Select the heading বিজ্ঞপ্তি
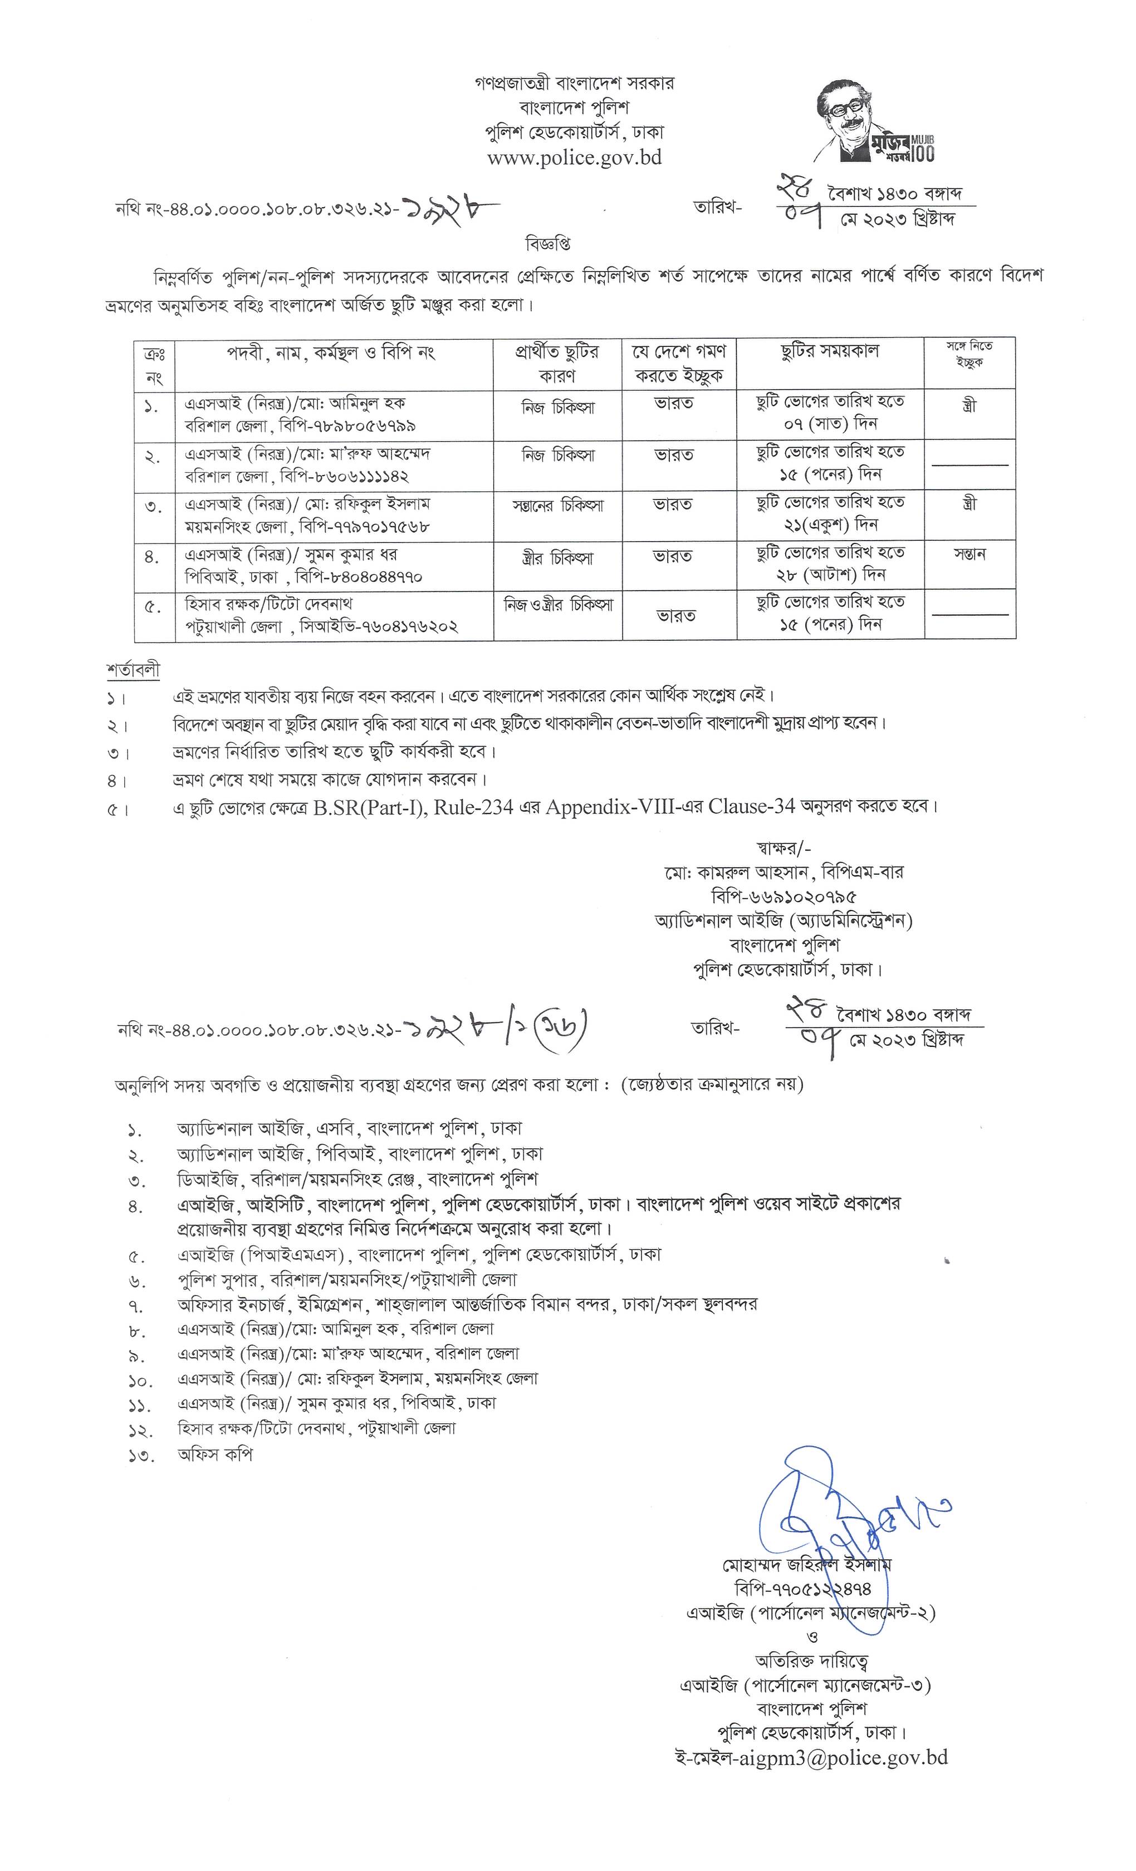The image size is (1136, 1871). tap(547, 244)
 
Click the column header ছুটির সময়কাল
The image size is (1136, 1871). tap(829, 351)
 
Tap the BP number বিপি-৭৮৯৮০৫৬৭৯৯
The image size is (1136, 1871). tap(348, 426)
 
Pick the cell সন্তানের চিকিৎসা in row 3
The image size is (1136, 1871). tap(558, 506)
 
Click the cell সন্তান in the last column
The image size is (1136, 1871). tap(969, 554)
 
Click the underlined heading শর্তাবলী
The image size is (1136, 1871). tap(133, 670)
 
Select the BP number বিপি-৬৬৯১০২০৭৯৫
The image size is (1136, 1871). tap(784, 897)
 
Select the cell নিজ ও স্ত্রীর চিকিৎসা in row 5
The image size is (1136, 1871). tap(558, 606)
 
